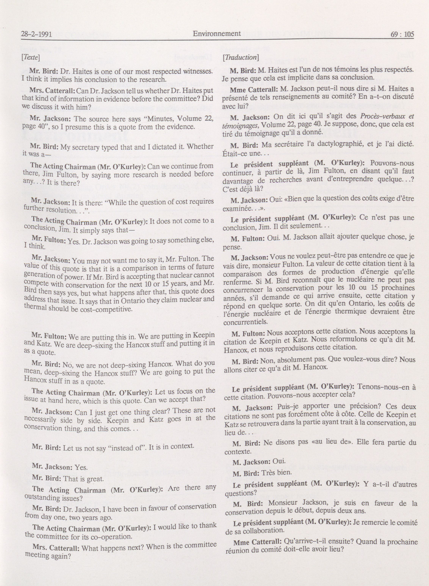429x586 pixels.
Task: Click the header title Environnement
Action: point(217,33)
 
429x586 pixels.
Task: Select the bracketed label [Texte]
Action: point(31,56)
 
